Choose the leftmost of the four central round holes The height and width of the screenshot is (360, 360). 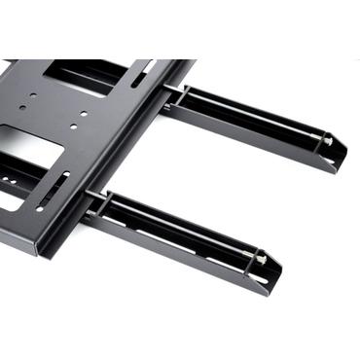[x=34, y=95]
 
